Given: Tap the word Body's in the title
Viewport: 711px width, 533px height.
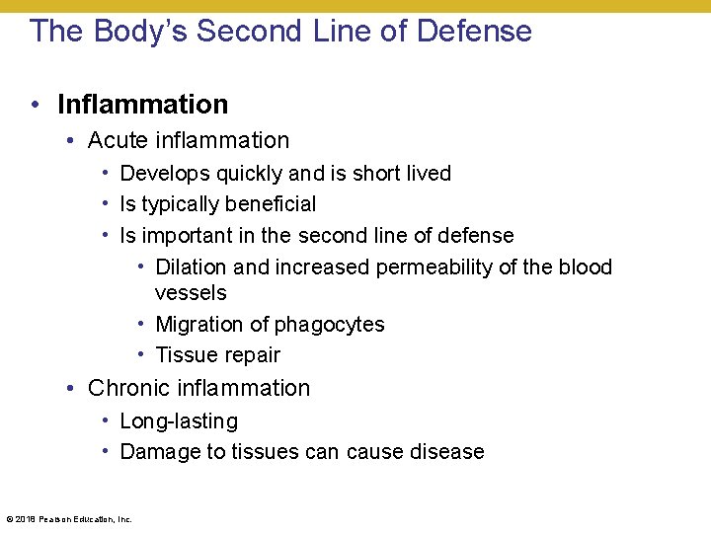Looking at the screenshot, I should (139, 32).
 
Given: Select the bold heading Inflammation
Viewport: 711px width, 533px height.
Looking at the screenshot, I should (142, 105).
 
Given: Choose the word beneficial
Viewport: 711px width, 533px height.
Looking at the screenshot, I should (265, 204).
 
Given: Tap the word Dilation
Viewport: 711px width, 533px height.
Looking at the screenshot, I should (192, 267).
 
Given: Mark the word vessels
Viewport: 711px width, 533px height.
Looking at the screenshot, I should (191, 293).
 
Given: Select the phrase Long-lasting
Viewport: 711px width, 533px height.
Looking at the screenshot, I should (179, 421).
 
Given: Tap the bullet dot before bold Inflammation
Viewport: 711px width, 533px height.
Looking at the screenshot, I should (36, 105).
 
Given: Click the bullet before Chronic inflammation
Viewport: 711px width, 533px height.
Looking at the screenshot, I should (71, 389).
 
